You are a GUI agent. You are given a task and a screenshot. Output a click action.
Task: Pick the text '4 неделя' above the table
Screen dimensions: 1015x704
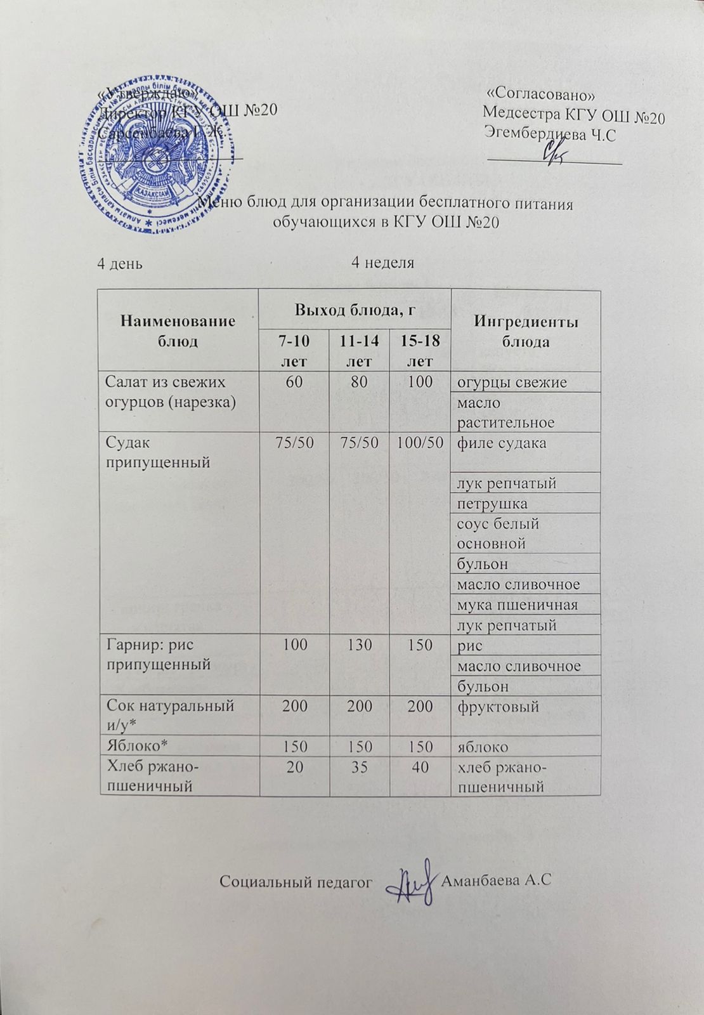click(382, 263)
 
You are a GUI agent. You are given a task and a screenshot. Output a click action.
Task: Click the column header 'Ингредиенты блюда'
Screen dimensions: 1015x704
click(525, 331)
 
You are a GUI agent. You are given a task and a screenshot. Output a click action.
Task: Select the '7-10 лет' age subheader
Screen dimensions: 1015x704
click(294, 350)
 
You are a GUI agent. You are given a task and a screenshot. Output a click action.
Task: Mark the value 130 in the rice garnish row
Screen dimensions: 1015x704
click(359, 645)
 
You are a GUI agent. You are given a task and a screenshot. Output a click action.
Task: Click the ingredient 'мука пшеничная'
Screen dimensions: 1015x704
click(518, 605)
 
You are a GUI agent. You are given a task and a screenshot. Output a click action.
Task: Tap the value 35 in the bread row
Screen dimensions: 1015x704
click(359, 767)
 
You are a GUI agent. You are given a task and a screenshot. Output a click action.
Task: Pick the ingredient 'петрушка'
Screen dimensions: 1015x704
click(492, 504)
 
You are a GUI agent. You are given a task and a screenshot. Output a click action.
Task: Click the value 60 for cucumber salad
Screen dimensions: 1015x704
click(294, 382)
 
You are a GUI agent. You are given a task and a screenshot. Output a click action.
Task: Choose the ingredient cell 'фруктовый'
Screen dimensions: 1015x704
click(498, 705)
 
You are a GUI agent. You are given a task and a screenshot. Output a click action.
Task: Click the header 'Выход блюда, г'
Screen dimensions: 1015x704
click(355, 310)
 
